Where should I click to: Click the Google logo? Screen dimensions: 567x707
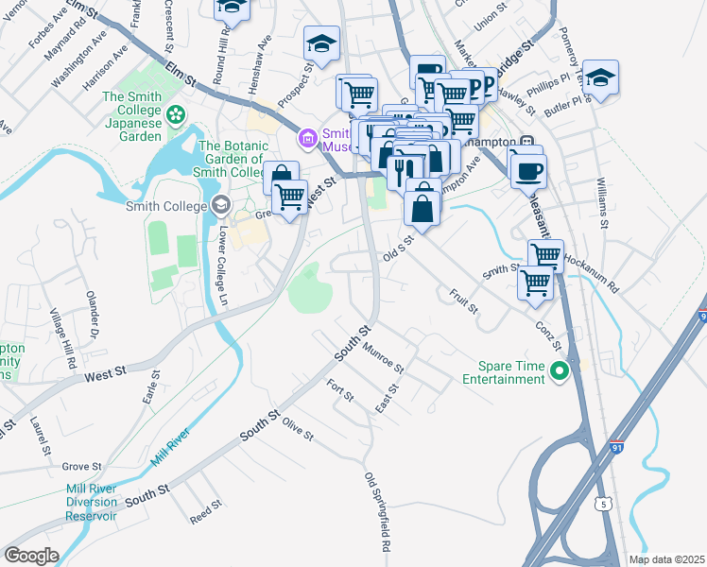pos(31,556)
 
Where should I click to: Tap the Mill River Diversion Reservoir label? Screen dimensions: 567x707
pos(92,502)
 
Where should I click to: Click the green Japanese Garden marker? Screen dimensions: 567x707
pos(175,115)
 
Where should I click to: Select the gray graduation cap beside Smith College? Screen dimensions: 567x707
pos(220,204)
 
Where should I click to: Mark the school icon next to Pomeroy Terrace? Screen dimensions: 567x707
pos(599,77)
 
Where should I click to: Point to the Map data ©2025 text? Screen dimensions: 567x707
pos(667,559)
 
